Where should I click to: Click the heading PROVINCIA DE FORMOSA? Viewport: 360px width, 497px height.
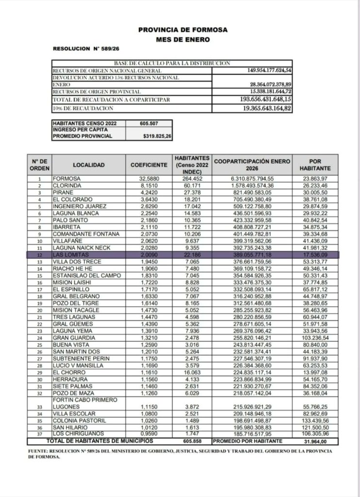coord(182,30)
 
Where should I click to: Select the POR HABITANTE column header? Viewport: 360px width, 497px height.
coord(320,165)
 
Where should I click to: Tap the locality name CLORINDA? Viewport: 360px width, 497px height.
coord(69,185)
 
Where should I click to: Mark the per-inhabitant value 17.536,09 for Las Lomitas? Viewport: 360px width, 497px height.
coord(320,254)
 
